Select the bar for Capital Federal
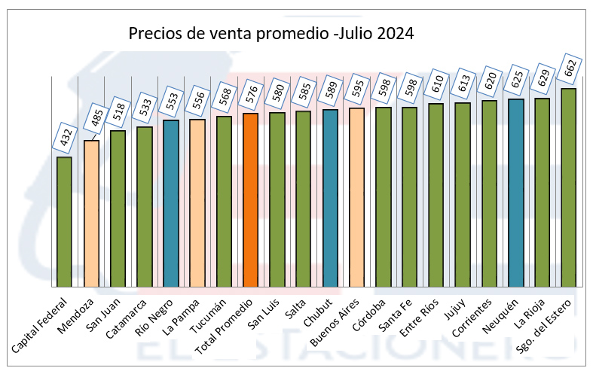coord(65,221)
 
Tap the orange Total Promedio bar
coord(250,199)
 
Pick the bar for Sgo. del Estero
coord(568,187)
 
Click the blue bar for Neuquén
coord(515,193)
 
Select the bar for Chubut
coord(330,198)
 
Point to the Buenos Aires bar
coord(356,197)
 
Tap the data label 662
coord(573,70)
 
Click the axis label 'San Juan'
coord(102,315)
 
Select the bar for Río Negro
coord(171,203)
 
